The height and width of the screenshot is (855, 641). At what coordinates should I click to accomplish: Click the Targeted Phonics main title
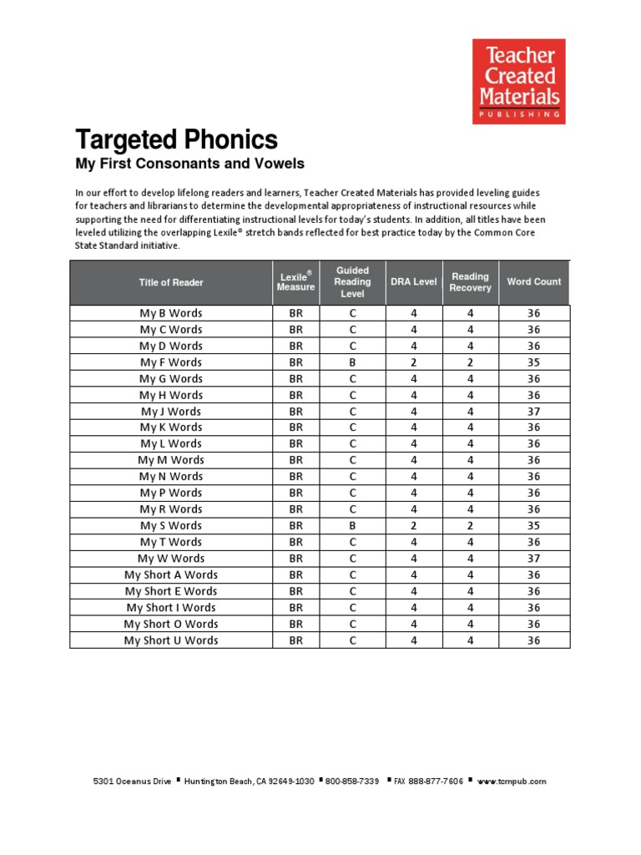tap(177, 139)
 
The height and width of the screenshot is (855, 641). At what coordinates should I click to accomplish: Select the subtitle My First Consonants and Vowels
tap(190, 164)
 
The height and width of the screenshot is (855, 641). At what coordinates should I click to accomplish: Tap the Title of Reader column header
tap(171, 282)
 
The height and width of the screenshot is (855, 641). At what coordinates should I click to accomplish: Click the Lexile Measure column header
tap(295, 282)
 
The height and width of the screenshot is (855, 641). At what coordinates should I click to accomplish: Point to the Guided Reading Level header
tap(352, 282)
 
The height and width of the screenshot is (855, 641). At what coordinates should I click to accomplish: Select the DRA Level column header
tap(413, 282)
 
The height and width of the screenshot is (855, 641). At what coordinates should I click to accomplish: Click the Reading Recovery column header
tap(470, 282)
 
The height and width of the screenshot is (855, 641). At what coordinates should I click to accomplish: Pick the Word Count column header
tap(534, 282)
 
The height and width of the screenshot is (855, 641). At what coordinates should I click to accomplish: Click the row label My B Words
tap(171, 313)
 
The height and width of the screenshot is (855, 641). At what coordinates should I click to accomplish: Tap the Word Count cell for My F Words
tap(534, 362)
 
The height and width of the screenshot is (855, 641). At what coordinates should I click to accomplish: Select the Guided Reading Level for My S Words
tap(352, 526)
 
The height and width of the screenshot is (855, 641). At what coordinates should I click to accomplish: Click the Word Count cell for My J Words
tap(534, 412)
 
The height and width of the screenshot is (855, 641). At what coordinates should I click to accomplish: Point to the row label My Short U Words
tap(171, 640)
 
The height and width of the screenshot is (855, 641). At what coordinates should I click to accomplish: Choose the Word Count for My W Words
tap(534, 559)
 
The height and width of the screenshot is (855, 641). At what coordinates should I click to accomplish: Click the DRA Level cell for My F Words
tap(413, 362)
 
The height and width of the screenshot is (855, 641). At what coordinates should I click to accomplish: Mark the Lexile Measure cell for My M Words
tap(295, 460)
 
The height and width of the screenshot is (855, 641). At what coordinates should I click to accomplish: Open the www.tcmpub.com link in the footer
tap(512, 782)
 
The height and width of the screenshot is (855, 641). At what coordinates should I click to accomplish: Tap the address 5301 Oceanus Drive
tap(132, 782)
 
